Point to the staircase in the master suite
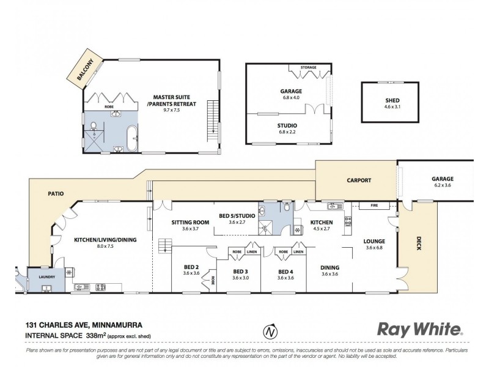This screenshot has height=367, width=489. pyautogui.click(x=212, y=114)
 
